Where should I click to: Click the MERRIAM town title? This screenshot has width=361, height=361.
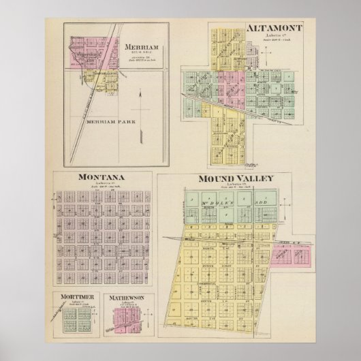[141, 47]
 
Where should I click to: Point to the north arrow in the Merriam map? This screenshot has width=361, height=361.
[140, 116]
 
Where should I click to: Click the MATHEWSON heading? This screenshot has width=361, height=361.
[129, 298]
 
